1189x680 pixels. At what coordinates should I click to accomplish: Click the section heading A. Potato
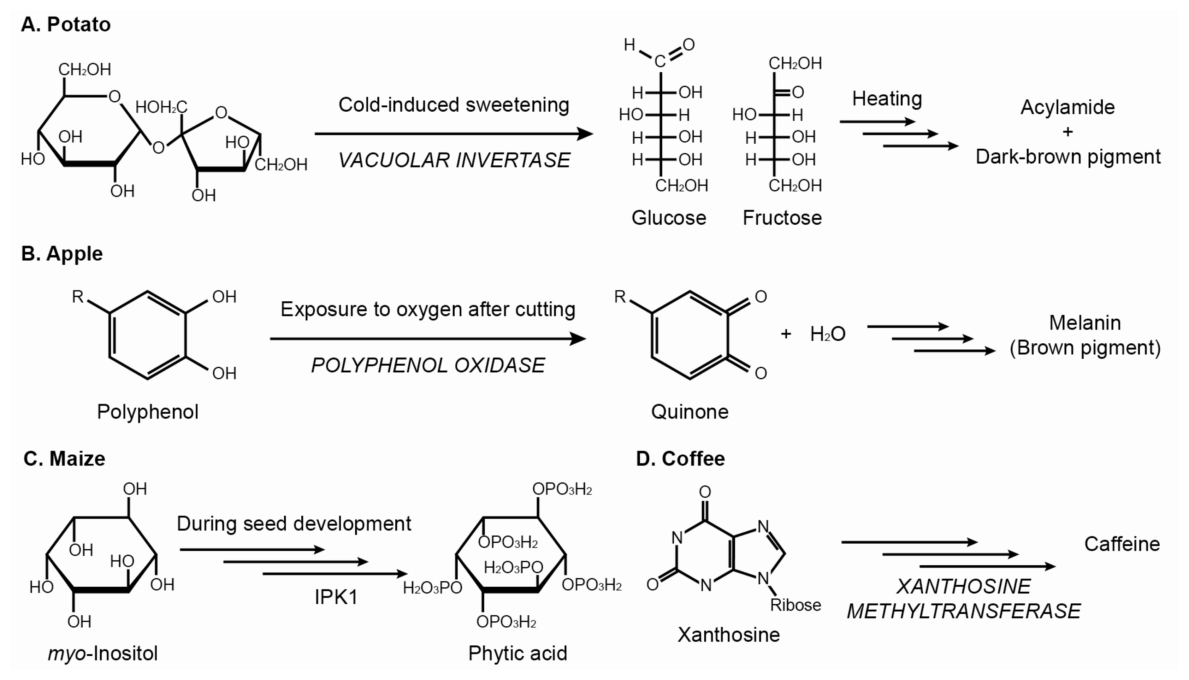tap(66, 24)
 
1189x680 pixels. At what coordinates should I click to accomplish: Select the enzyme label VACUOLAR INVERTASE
tap(454, 160)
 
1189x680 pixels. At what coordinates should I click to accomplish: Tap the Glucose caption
tap(669, 218)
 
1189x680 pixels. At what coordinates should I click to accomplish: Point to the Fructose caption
tap(782, 218)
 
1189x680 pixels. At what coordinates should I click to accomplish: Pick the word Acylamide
tap(1067, 108)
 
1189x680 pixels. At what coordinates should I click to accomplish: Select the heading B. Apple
tap(62, 254)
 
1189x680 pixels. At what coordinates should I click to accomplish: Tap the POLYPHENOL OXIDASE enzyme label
tap(428, 365)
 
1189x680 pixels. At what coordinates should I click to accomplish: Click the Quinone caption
tap(690, 412)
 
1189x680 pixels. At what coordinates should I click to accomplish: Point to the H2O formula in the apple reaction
tap(828, 334)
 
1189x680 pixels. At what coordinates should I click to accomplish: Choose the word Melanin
tap(1085, 323)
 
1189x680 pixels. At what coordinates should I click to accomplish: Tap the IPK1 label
tap(336, 597)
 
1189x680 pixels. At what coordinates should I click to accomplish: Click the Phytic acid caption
tap(517, 654)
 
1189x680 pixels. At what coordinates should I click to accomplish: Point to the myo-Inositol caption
tap(103, 654)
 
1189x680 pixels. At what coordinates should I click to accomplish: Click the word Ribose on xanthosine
tap(795, 605)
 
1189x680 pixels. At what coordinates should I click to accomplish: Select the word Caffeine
tap(1122, 544)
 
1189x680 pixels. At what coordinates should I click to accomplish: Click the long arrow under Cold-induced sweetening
tap(454, 134)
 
